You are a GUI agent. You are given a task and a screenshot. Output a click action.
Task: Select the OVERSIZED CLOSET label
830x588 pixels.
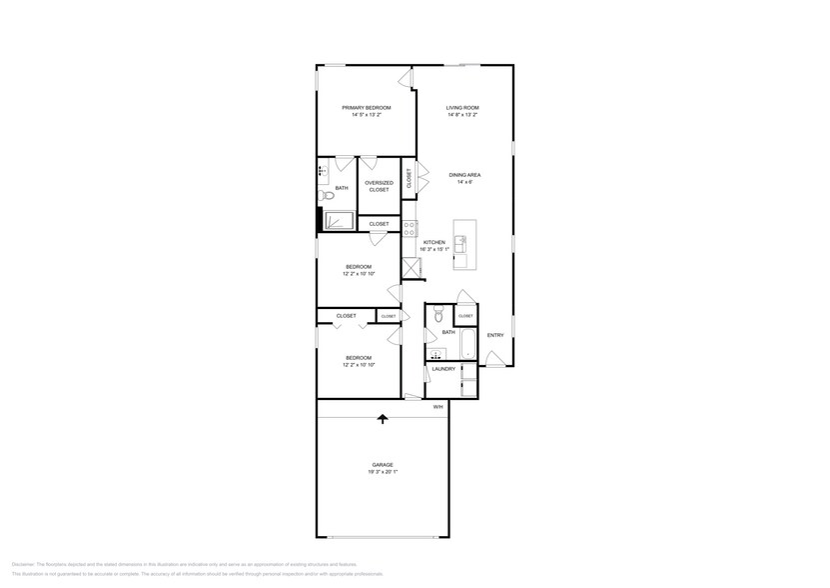pyautogui.click(x=379, y=186)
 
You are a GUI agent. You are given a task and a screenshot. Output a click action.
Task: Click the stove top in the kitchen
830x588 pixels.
pyautogui.click(x=410, y=228)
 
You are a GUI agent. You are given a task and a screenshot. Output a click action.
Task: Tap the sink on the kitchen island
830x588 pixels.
pyautogui.click(x=460, y=241)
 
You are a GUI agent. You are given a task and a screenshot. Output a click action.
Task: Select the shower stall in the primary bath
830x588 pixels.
pyautogui.click(x=339, y=220)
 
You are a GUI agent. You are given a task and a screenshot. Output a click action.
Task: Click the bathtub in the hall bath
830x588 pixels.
pyautogui.click(x=468, y=346)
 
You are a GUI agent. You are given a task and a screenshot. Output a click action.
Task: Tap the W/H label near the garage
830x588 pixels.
pyautogui.click(x=437, y=407)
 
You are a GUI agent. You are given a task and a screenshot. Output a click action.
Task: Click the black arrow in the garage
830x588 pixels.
pyautogui.click(x=382, y=419)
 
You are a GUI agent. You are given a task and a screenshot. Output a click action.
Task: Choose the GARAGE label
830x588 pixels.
pyautogui.click(x=383, y=465)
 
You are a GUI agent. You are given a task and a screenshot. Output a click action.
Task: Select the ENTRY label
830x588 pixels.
pyautogui.click(x=495, y=335)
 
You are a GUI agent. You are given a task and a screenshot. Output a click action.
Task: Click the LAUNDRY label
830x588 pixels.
pyautogui.click(x=443, y=369)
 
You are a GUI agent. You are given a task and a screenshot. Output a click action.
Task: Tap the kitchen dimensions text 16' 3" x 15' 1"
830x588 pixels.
pyautogui.click(x=435, y=249)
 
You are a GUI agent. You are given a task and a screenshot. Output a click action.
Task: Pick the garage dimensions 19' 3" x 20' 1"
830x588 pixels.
pyautogui.click(x=383, y=472)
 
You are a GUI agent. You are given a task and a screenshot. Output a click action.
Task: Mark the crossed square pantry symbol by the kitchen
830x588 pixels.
pyautogui.click(x=411, y=267)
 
